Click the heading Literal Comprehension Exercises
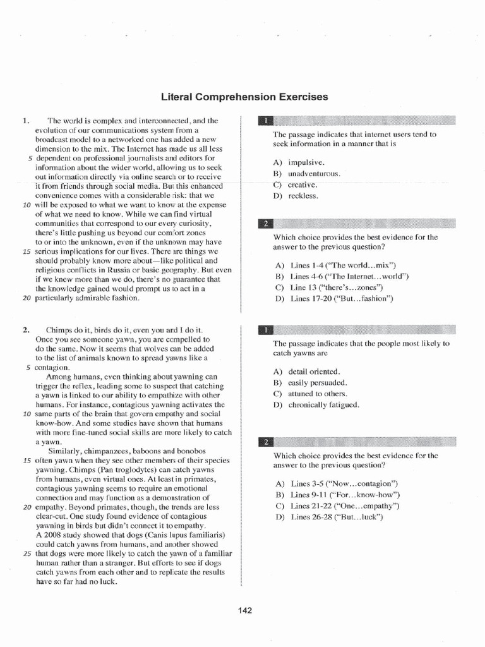[245, 97]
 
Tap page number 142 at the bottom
[245, 610]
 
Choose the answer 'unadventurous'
[314, 174]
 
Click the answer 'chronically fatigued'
[323, 405]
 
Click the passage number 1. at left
[26, 120]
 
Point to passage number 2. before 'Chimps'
[26, 330]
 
